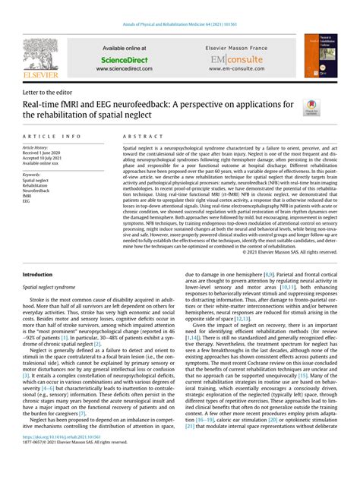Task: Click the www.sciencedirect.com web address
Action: pos(124,68)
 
